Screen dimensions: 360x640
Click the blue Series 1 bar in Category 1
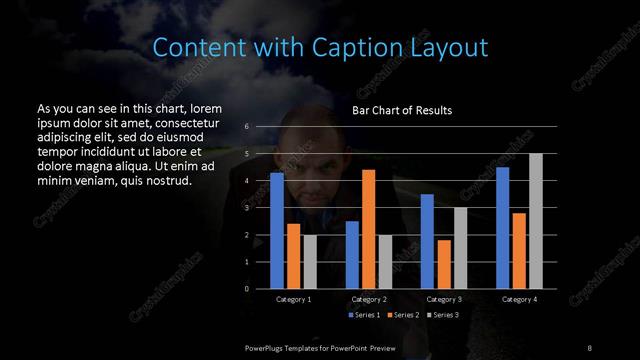pos(277,230)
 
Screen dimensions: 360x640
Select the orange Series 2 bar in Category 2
pos(368,229)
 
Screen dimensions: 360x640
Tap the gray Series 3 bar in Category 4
pos(535,221)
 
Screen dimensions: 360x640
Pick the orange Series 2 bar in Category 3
pos(444,264)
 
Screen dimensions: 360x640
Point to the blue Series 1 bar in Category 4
pos(502,227)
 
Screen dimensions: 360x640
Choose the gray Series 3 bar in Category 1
pos(310,261)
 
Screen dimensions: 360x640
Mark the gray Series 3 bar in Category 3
pos(460,248)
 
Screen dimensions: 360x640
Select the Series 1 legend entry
pos(365,315)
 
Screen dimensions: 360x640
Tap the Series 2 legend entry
pos(403,315)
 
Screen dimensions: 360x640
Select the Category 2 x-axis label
pos(369,299)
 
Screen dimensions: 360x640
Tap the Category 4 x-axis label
pos(519,299)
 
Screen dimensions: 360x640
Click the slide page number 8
pos(589,346)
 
